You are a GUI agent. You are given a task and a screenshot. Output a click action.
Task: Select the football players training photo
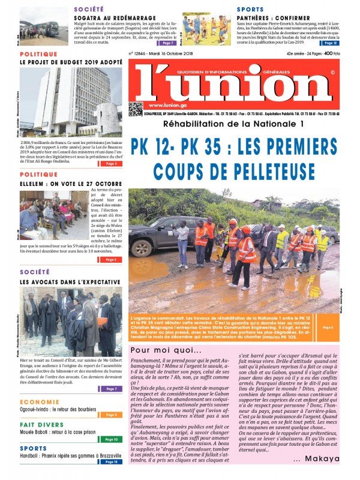206,29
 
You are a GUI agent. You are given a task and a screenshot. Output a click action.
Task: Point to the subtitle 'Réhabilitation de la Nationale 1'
233,124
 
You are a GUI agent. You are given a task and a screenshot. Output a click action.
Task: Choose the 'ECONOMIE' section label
39,401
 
